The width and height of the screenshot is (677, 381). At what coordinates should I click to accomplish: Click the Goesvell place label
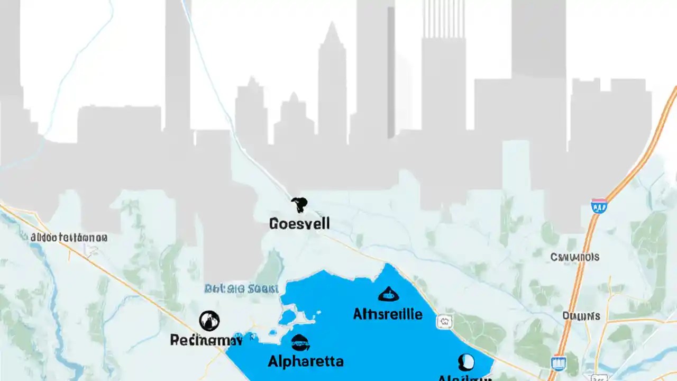299,223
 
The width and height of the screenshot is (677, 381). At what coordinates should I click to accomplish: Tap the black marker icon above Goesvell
299,204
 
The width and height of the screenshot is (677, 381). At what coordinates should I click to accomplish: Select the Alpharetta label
306,361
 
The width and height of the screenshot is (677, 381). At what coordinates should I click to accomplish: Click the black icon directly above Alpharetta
300,343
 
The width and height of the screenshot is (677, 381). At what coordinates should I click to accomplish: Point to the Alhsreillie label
388,314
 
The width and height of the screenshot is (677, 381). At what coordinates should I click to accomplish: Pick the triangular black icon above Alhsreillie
388,294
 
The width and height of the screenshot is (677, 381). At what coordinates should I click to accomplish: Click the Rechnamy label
206,340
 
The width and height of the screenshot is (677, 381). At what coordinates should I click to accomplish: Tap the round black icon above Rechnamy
209,321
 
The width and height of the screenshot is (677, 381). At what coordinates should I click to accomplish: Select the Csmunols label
575,257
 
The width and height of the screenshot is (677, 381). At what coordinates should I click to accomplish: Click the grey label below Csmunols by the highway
581,316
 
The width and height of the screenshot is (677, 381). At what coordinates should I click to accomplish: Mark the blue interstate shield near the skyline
599,205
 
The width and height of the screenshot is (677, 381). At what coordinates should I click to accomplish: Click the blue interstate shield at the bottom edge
557,363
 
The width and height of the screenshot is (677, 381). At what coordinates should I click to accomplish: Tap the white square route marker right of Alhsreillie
444,321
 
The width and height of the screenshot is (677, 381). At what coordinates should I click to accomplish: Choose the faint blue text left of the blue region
241,289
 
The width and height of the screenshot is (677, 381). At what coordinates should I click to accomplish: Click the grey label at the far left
69,238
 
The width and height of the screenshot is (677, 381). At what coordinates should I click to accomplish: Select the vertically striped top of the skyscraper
443,19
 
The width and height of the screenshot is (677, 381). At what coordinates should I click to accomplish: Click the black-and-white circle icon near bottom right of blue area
465,362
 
